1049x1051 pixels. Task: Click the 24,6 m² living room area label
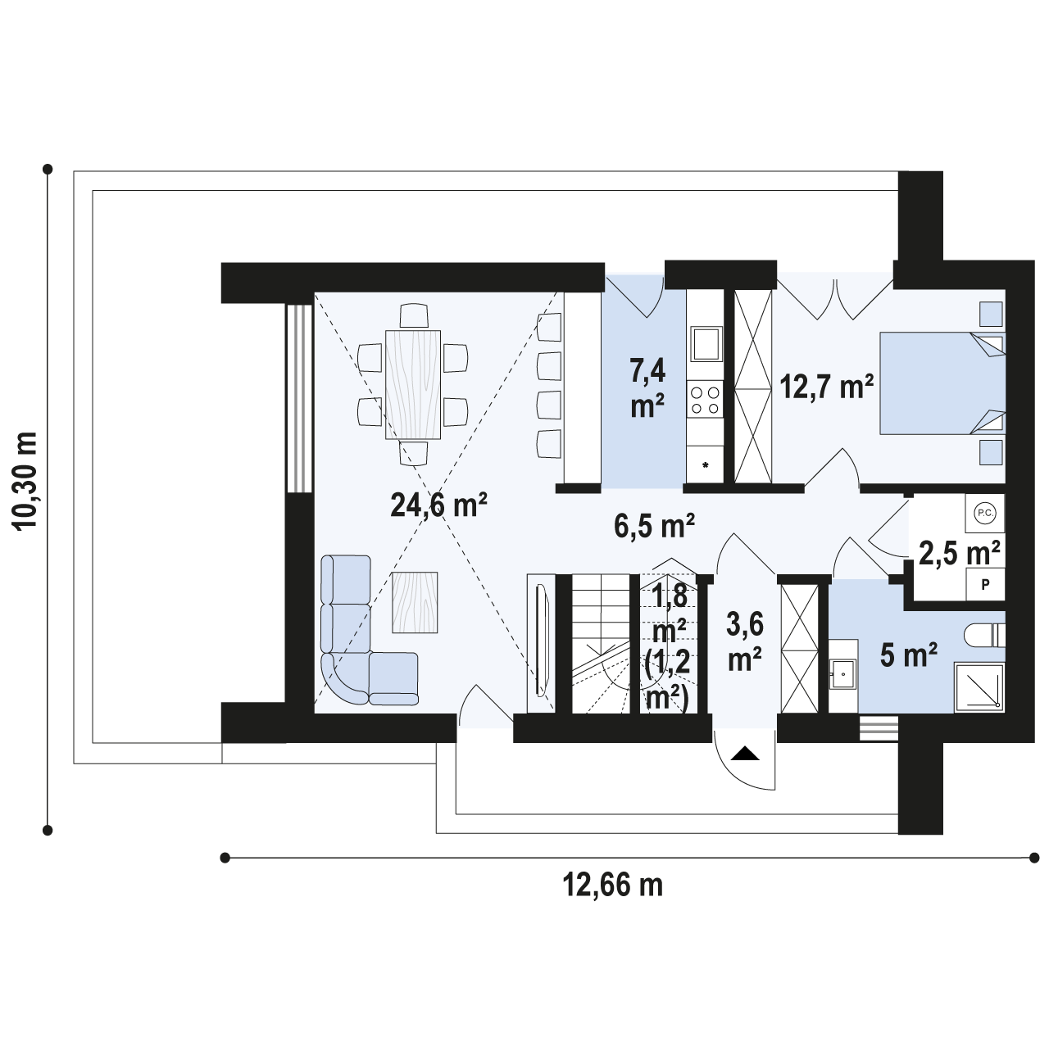coord(438,505)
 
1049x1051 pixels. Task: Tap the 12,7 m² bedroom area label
coord(826,387)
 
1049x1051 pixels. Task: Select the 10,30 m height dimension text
coord(25,481)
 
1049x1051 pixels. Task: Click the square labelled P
coord(986,584)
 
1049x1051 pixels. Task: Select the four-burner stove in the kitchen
coord(706,399)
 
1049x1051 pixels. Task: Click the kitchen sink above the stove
coord(706,343)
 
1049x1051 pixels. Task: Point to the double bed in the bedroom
coord(942,383)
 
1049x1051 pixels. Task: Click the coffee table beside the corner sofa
coord(415,602)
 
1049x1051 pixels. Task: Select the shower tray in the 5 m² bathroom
coord(979,688)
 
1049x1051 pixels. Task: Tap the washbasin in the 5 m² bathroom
coord(843,674)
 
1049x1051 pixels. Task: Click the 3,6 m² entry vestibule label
coord(744,641)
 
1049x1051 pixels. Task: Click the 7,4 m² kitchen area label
coord(647,389)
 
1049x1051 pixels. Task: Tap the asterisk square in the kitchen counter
coord(705,464)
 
